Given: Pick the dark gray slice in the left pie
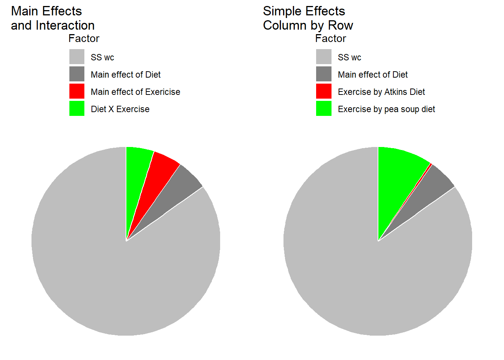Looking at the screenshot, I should (176, 191).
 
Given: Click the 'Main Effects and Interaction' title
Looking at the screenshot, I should (52, 18).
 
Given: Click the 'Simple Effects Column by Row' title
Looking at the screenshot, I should (308, 18).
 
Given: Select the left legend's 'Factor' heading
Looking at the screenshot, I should (84, 39).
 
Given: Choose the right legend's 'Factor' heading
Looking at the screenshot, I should (330, 39).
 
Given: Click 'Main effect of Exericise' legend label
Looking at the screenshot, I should (135, 92).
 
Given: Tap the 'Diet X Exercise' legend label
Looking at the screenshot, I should (120, 109).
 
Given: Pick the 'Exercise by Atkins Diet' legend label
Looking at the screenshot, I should (381, 92).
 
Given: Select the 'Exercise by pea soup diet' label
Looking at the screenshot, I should (386, 109).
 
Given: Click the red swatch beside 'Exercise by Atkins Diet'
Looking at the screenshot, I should (324, 91).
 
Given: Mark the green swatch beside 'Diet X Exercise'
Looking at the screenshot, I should (77, 108).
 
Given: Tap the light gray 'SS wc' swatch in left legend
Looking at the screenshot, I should (77, 57).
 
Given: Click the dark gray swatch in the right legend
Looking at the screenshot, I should (324, 74).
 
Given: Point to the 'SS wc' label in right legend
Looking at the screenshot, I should (349, 57).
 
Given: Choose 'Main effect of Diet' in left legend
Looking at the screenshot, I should (126, 75).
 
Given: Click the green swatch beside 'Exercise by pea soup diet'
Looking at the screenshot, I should (324, 108).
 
